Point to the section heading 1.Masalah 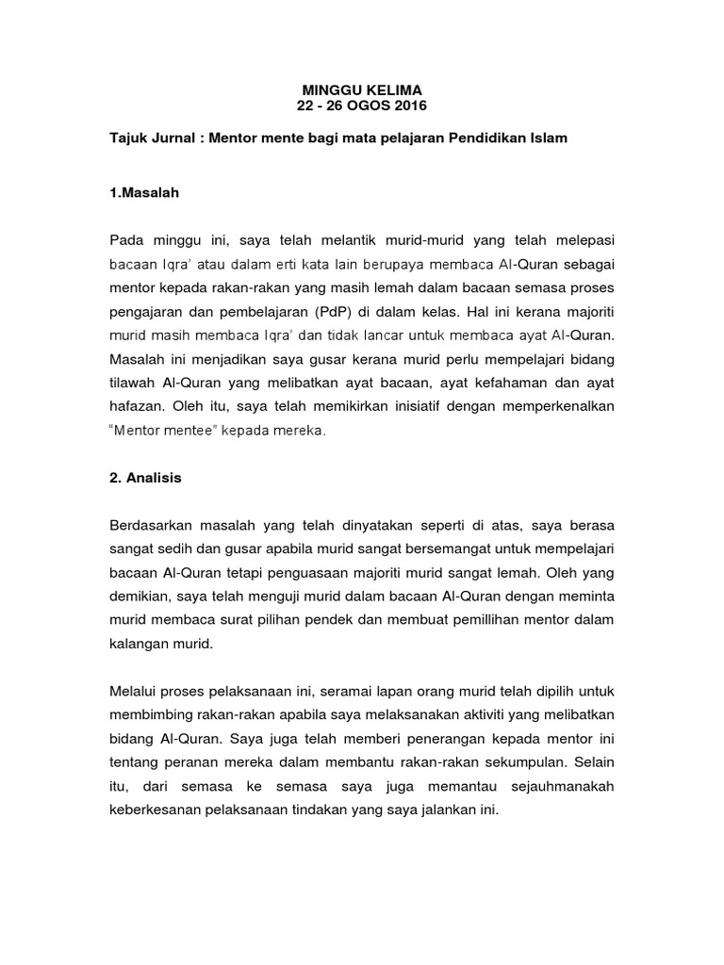point(143,193)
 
